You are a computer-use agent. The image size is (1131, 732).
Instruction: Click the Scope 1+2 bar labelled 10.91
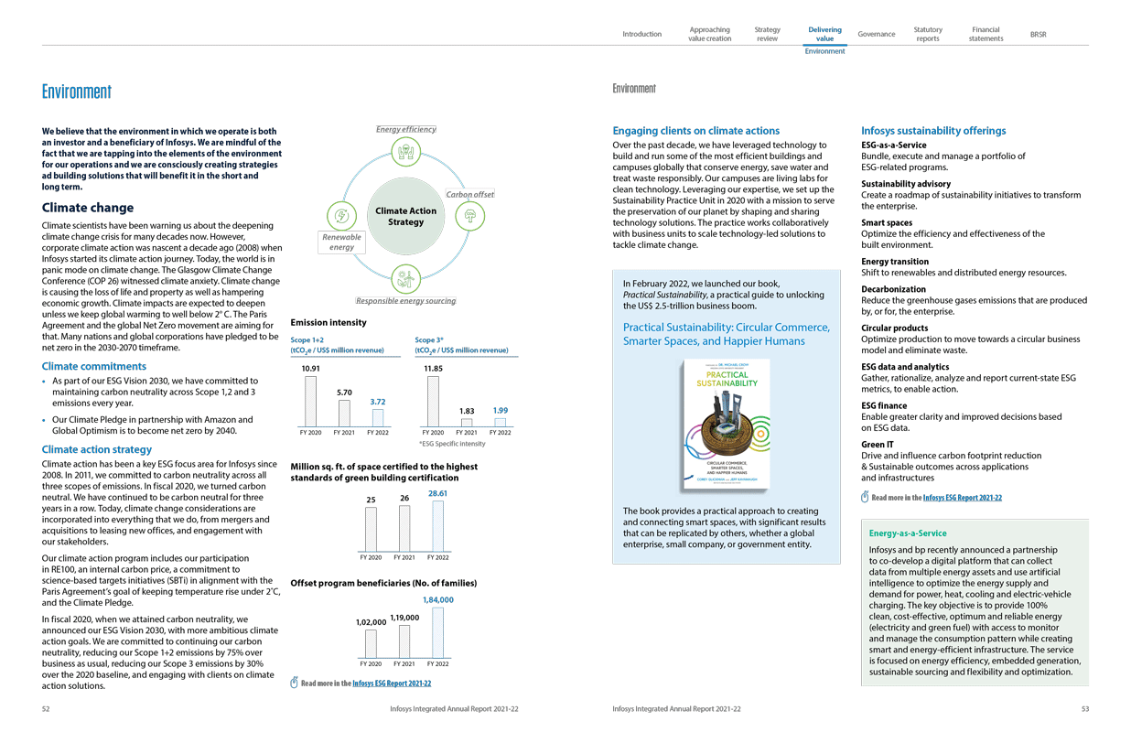[310, 401]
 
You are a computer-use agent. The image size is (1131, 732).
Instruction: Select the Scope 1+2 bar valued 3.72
[377, 417]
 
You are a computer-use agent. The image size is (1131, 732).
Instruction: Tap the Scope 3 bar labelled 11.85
[433, 401]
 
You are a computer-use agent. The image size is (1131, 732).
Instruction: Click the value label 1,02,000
[371, 622]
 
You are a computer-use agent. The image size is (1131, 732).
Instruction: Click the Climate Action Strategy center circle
[405, 217]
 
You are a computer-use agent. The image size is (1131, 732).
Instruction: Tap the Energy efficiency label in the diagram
[406, 129]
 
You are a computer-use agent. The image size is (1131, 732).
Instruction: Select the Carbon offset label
[469, 194]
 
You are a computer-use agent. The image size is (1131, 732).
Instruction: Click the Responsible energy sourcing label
[405, 301]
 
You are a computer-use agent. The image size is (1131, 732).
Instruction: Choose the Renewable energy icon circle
[341, 217]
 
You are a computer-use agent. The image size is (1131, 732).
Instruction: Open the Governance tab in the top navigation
[876, 35]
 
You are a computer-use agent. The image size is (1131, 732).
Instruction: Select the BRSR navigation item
[1038, 35]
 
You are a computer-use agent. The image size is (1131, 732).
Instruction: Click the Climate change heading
[88, 208]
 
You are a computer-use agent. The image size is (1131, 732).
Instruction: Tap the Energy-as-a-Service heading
[908, 533]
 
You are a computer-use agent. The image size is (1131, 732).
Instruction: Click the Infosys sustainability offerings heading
[933, 131]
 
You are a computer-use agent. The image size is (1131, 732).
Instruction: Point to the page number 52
[47, 708]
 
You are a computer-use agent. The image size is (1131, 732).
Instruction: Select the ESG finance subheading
[884, 405]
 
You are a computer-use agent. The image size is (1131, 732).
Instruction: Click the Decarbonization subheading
[894, 289]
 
